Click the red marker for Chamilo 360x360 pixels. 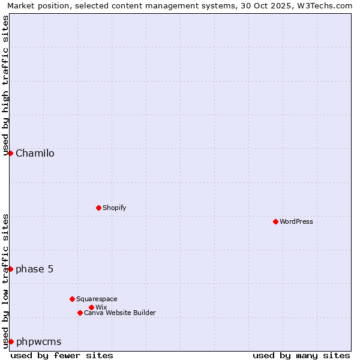pos(10,153)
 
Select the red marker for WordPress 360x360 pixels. pos(275,221)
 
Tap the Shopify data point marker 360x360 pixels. pos(98,208)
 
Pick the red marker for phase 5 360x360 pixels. pos(10,269)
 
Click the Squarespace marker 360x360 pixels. pos(72,299)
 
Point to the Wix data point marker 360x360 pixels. pos(91,307)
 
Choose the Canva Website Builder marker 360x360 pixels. pos(80,313)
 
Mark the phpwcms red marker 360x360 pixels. pos(10,341)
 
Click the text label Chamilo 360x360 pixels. pos(35,153)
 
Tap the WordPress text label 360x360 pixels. pos(296,221)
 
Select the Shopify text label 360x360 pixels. pos(114,208)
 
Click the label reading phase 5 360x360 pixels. pos(34,269)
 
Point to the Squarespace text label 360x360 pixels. pos(97,299)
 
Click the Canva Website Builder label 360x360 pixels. pos(120,313)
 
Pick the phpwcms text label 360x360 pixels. pos(38,341)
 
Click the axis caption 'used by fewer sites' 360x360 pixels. pos(62,355)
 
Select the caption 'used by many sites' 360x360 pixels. pos(301,355)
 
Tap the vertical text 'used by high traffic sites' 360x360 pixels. pos(5,85)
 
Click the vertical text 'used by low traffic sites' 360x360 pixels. pos(5,281)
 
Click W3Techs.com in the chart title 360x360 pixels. pos(325,5)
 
